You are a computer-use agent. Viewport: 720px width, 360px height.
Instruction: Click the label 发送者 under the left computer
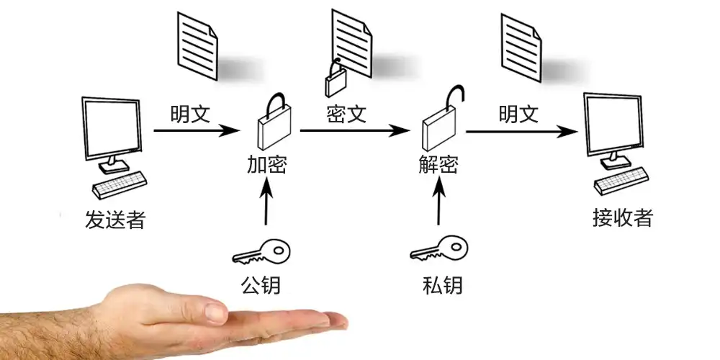tap(114, 220)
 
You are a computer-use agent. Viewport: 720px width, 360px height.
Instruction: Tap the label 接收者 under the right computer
tap(623, 217)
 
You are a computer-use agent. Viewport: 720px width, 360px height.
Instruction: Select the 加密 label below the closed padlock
tap(267, 165)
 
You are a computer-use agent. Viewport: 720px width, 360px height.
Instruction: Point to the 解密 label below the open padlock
tap(438, 165)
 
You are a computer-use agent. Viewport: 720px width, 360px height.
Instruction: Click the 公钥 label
tap(261, 284)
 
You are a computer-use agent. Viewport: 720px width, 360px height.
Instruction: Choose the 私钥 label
tap(442, 285)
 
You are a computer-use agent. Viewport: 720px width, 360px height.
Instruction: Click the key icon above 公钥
tap(261, 251)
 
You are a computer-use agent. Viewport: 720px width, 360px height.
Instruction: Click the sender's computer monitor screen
tap(112, 128)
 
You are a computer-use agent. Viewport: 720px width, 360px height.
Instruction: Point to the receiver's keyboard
tap(621, 181)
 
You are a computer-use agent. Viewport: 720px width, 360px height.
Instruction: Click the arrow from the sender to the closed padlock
tap(197, 130)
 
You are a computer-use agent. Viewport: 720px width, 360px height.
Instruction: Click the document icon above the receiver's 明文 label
tap(521, 48)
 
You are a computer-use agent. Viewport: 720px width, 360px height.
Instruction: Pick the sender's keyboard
tap(120, 185)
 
